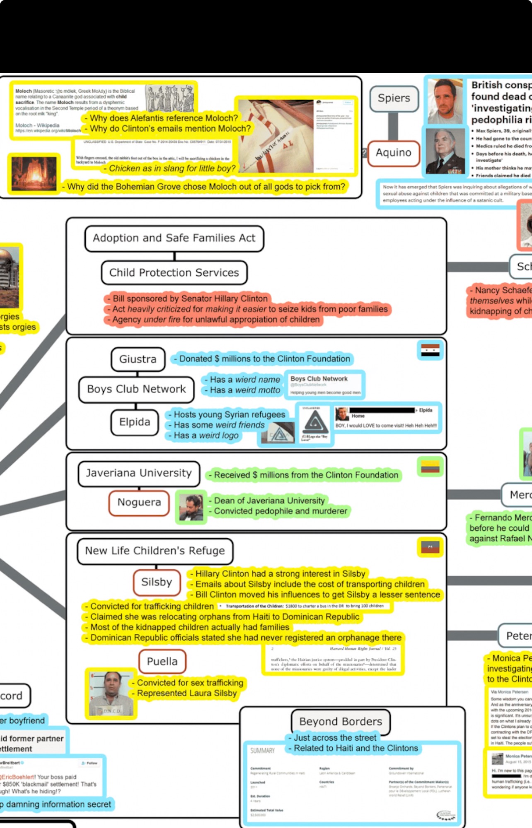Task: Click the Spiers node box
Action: point(394,99)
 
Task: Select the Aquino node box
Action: point(393,153)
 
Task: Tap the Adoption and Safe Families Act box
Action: point(174,238)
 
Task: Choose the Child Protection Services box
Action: point(174,273)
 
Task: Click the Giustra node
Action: point(138,359)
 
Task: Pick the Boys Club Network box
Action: point(136,390)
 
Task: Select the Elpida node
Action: point(135,422)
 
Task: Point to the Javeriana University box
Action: point(139,473)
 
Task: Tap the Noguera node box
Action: point(139,503)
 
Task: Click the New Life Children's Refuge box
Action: point(155,551)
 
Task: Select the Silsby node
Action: point(157,582)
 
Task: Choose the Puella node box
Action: point(162,662)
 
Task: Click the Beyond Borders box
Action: point(341,722)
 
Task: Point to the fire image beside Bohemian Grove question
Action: point(34,174)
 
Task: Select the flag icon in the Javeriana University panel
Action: point(430,467)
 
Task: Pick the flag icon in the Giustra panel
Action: point(430,351)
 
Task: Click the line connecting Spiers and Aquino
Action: point(393,126)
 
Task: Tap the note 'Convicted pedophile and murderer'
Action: point(281,511)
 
